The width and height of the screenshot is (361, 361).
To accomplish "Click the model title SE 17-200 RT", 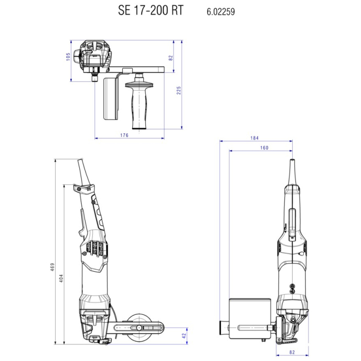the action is pos(151,10).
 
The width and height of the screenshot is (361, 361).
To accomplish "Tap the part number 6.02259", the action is pos(220,12).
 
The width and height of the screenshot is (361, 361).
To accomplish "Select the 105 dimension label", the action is pos(68,57).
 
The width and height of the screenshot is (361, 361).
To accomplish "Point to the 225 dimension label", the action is pos(178,90).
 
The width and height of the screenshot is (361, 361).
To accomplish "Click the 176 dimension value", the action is pos(124,135).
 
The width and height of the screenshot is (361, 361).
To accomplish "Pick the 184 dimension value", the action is pos(254,138).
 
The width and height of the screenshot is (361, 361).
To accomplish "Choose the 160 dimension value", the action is pos(264,148).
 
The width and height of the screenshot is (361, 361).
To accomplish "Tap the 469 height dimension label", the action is pos(52,267).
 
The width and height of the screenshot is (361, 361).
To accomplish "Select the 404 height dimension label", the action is pos(61,278).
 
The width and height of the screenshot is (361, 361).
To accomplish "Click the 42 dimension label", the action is pos(184,336).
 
